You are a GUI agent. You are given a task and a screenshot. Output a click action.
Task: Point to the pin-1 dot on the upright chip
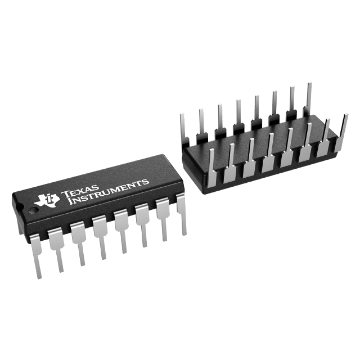34,210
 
